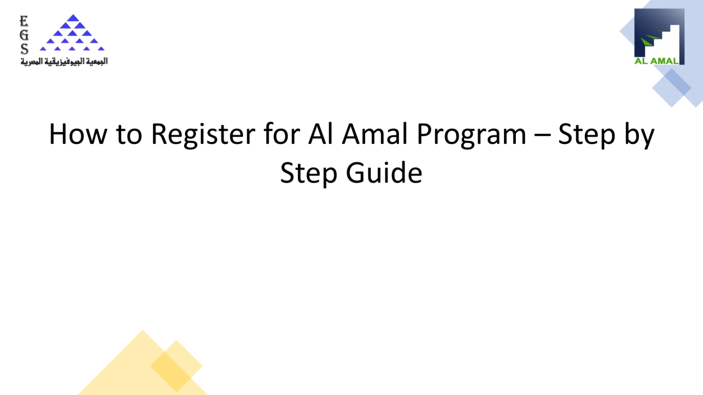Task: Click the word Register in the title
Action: [x=203, y=134]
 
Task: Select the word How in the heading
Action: [x=77, y=134]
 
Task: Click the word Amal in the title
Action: [x=374, y=134]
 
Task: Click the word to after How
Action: [x=129, y=134]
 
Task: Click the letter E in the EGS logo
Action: [x=24, y=21]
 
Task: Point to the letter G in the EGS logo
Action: [x=24, y=35]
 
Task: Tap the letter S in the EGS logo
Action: [x=24, y=49]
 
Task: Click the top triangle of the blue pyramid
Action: [x=72, y=18]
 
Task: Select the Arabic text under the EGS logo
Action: [x=64, y=61]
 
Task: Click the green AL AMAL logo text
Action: [x=656, y=61]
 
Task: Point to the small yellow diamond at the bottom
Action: [x=176, y=366]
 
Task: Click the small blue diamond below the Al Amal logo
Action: [x=672, y=88]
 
